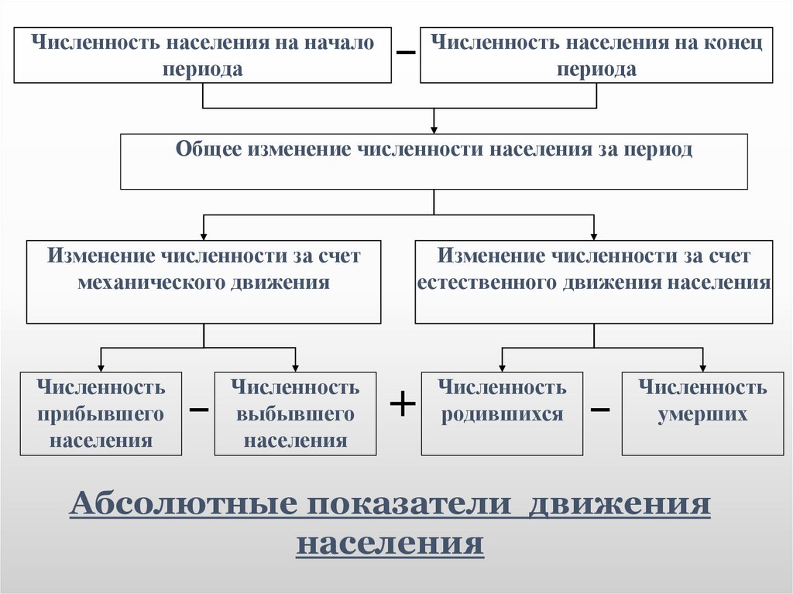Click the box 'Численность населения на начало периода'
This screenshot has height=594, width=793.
tap(202, 55)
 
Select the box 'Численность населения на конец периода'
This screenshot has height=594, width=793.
tap(596, 55)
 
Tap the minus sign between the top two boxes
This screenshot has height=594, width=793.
tap(406, 52)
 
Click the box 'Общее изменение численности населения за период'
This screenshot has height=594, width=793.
tap(434, 161)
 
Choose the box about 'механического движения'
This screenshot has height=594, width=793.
tap(204, 281)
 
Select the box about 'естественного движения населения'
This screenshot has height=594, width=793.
tap(594, 281)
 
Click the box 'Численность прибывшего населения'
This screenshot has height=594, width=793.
tap(101, 414)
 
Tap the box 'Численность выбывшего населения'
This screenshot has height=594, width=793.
tap(295, 414)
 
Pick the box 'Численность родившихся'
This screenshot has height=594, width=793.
tap(502, 414)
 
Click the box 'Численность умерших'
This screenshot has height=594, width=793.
tap(702, 414)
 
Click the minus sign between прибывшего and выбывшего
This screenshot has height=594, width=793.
tap(199, 408)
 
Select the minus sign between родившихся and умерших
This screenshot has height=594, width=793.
tap(600, 408)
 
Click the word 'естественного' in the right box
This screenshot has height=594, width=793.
tap(487, 283)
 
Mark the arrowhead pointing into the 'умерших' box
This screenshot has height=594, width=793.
tap(702, 367)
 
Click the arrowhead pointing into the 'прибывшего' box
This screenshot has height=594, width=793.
tap(101, 367)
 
